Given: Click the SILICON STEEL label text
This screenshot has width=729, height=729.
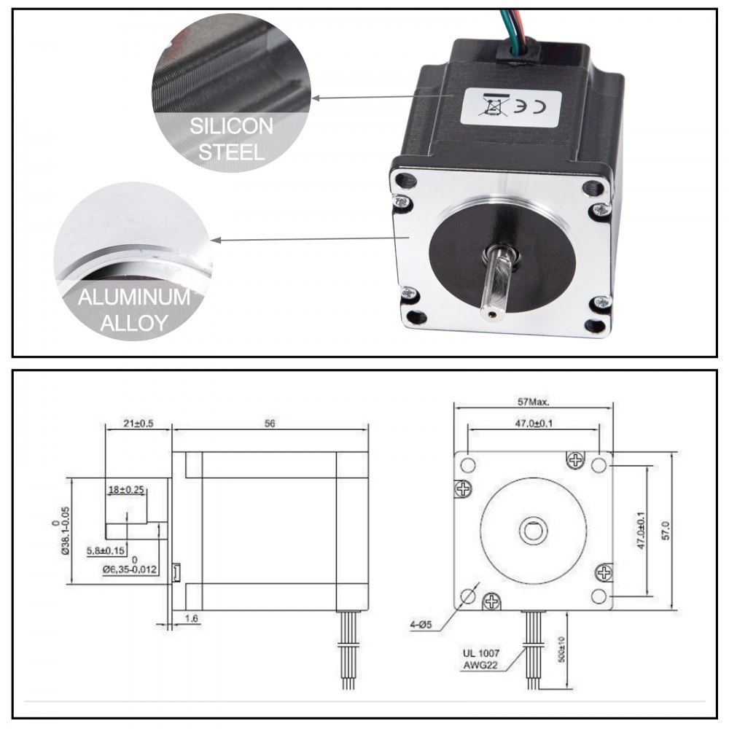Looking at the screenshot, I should point(231,139).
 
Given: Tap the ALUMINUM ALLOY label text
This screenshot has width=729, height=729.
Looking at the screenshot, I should point(133,310).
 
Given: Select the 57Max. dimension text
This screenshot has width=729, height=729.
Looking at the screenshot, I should point(533,401).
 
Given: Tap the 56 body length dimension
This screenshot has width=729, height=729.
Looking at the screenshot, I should point(270,424).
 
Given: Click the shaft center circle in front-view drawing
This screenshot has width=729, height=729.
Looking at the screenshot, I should point(533,530).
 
